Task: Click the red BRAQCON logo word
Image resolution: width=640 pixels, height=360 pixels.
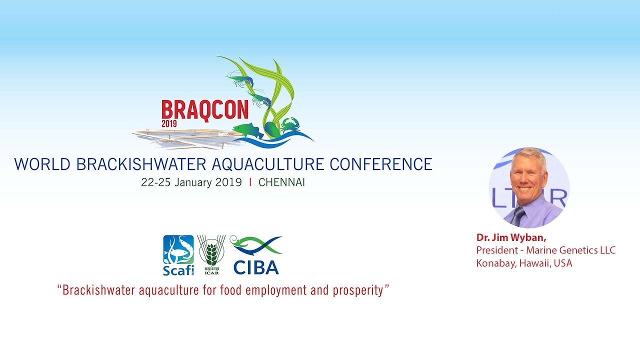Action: coord(205,110)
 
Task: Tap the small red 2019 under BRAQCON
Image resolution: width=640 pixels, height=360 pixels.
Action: coord(169,123)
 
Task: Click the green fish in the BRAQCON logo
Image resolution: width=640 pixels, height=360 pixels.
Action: coord(248,131)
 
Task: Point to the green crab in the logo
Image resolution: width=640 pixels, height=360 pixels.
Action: coord(290,125)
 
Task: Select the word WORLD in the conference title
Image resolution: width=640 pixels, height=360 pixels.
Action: coord(42,164)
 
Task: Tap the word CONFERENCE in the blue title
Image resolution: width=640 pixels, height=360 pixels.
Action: coord(381,164)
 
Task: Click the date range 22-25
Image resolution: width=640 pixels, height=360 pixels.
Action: coord(155,182)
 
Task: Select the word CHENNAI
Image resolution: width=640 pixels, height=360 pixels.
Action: coord(281,182)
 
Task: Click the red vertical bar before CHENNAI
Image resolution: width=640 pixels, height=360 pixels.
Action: coord(250,182)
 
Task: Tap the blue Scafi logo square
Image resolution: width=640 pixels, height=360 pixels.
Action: coord(178,249)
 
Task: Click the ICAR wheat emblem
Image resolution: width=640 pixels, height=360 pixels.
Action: coord(211,251)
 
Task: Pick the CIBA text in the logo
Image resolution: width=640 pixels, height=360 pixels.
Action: coord(256,267)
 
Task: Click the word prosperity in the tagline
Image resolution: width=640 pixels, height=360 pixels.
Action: coord(358,290)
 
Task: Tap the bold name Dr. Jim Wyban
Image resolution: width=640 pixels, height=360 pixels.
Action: coord(511,237)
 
